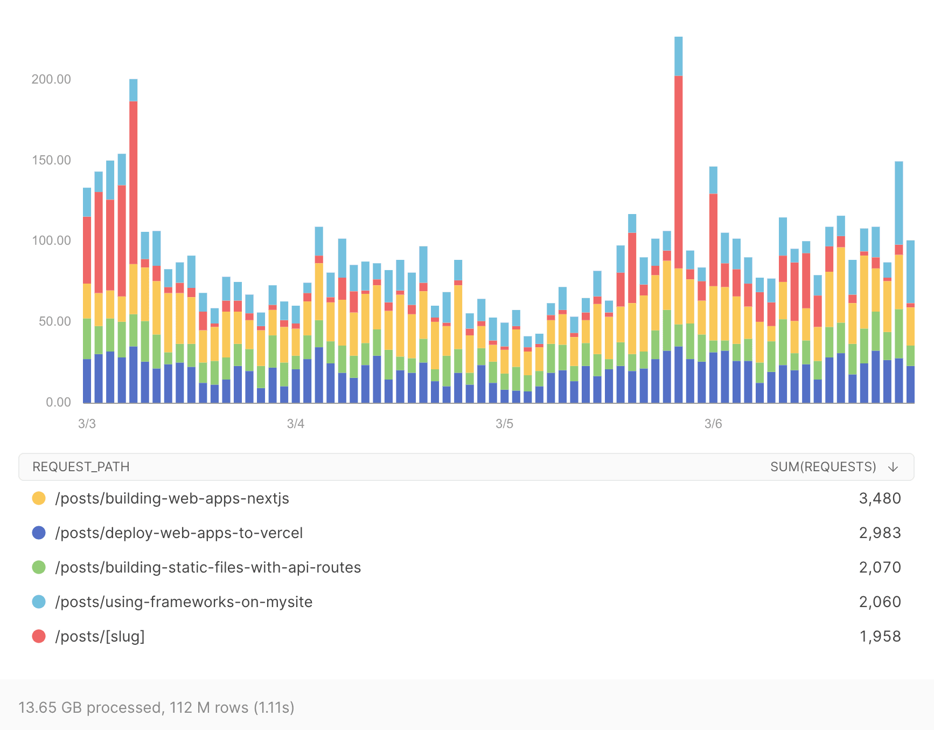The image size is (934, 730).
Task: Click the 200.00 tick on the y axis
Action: (51, 79)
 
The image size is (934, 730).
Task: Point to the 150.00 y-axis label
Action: (51, 160)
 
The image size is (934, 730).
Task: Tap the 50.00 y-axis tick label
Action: (54, 321)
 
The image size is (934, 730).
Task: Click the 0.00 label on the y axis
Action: (58, 402)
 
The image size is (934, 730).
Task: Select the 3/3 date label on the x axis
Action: (87, 424)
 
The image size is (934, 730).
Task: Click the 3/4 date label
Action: (295, 424)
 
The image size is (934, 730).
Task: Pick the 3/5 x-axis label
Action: (504, 424)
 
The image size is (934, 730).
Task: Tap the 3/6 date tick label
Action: (713, 424)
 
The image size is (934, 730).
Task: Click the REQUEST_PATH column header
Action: (81, 467)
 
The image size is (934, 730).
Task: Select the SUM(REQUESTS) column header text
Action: (823, 467)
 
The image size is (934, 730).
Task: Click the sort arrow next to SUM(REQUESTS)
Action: (893, 467)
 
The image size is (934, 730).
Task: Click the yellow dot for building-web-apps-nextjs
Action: (39, 498)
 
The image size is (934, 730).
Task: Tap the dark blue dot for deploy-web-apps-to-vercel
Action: (39, 533)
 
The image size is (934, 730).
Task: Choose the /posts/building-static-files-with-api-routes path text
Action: (208, 567)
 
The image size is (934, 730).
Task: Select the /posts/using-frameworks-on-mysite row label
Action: (184, 602)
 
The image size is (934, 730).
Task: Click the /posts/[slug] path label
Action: (100, 636)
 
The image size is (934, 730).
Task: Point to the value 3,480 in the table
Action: (880, 498)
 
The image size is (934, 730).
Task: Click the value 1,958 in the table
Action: (880, 636)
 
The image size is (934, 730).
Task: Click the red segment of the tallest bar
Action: (678, 173)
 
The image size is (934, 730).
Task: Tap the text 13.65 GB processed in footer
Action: (90, 707)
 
